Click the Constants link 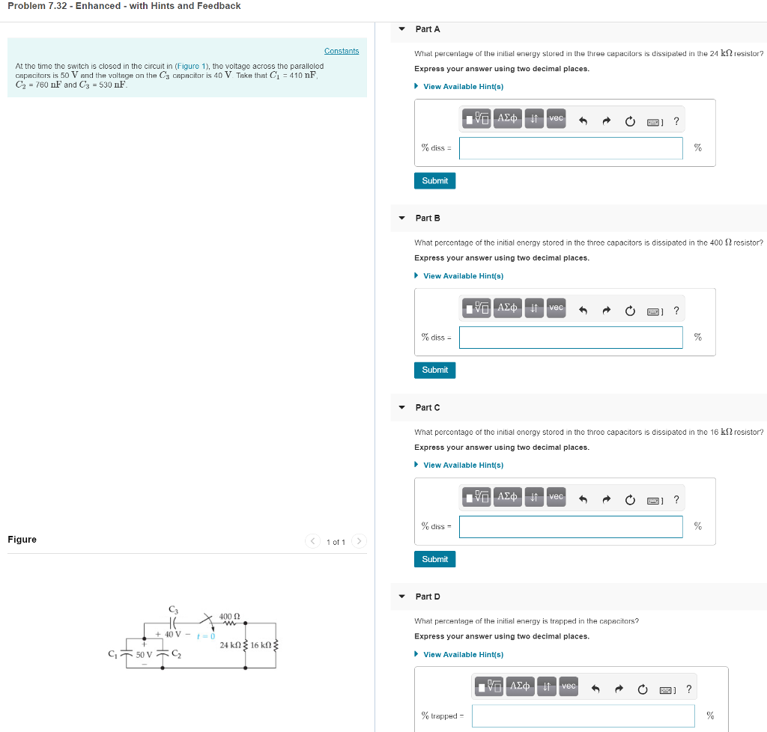[x=341, y=51]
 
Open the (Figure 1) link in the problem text [x=191, y=66]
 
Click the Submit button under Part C [x=434, y=559]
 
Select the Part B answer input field [x=571, y=338]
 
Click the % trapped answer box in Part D [x=583, y=716]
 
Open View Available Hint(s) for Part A [x=463, y=87]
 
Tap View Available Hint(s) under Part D [x=463, y=655]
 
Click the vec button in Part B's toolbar [x=556, y=308]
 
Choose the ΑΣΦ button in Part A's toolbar [x=507, y=118]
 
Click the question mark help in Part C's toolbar [x=676, y=500]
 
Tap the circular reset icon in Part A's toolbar [x=630, y=121]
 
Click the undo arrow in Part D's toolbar [x=596, y=689]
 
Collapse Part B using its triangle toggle [x=402, y=219]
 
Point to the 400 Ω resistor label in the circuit [x=229, y=616]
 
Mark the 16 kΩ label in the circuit [x=262, y=645]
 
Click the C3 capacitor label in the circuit [x=174, y=609]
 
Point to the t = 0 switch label [x=206, y=636]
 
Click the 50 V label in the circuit [x=143, y=654]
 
